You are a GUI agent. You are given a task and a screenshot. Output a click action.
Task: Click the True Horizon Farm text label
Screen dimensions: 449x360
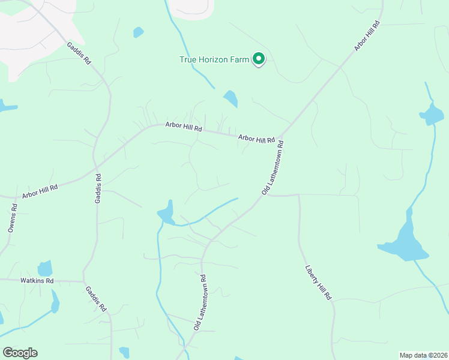coord(214,59)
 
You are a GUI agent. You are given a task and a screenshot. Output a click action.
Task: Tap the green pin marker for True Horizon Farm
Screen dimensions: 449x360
coord(259,59)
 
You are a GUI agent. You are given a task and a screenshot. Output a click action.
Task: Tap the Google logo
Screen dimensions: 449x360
coord(20,353)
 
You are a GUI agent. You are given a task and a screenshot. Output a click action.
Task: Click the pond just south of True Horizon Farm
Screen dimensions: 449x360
coord(231,98)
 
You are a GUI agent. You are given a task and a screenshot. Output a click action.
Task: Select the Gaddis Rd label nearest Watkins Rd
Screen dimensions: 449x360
coord(95,298)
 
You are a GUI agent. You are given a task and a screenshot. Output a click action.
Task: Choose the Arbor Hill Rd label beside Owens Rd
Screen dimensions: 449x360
coord(40,192)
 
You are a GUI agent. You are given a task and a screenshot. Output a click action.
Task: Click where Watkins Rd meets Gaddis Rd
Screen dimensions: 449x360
coord(83,281)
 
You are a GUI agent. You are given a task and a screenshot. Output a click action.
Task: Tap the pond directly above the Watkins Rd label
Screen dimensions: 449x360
coord(45,268)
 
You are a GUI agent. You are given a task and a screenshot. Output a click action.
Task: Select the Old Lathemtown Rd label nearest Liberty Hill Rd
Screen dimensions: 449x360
coord(273,168)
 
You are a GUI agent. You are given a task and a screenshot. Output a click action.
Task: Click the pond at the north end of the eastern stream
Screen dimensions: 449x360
coord(432,113)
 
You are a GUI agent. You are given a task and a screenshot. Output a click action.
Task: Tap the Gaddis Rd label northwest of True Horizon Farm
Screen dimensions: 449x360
coord(79,53)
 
